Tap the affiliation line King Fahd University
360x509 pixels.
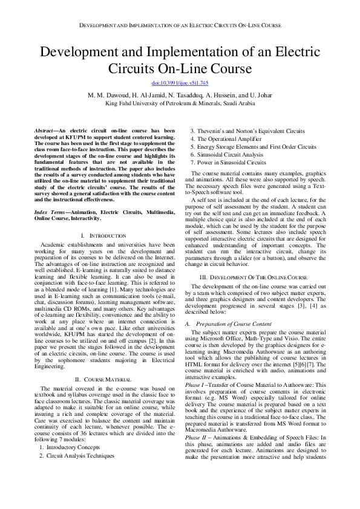(180, 103)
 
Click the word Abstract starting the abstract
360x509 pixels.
(43, 131)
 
